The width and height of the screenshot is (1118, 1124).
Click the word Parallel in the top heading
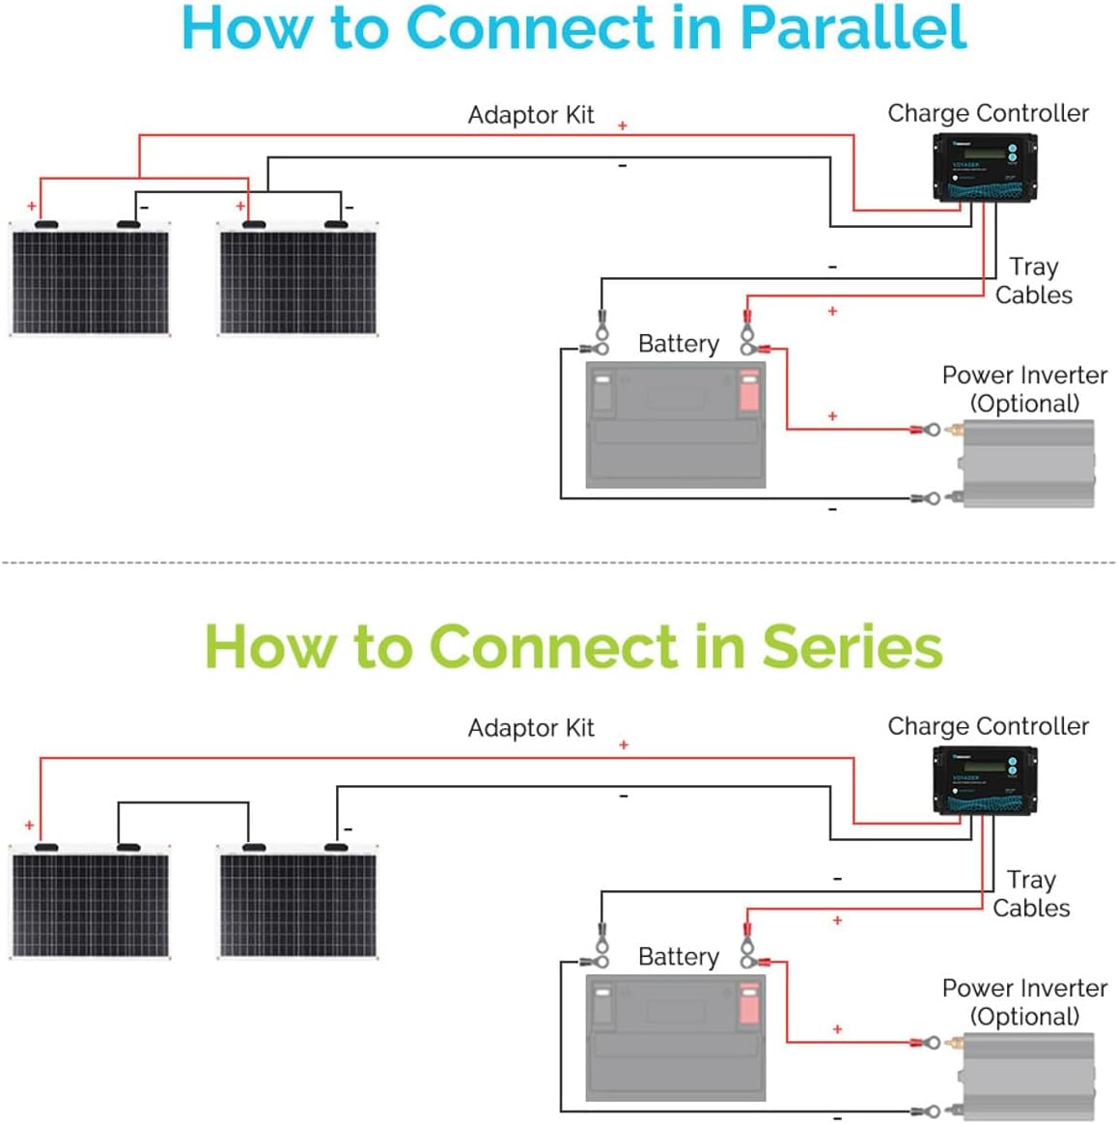point(852,28)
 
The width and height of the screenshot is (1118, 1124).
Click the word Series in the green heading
point(852,646)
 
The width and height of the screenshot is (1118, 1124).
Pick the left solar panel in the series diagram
point(91,903)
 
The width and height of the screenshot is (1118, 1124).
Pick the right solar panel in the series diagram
point(298,903)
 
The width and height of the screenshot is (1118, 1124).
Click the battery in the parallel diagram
point(676,425)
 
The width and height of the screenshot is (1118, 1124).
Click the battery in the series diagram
point(676,1038)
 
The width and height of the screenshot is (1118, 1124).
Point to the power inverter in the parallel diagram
point(1028,464)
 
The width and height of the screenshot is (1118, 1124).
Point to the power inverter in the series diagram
point(1028,1077)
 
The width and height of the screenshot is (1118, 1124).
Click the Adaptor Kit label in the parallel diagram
point(531,115)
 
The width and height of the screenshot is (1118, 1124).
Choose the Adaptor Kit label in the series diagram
point(531,728)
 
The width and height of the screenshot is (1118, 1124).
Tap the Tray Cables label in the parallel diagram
point(1033,281)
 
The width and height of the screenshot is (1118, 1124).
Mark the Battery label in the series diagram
point(679,957)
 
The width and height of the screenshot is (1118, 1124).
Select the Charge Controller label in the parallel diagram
point(988,113)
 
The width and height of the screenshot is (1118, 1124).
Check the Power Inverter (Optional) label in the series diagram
point(1024,1002)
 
